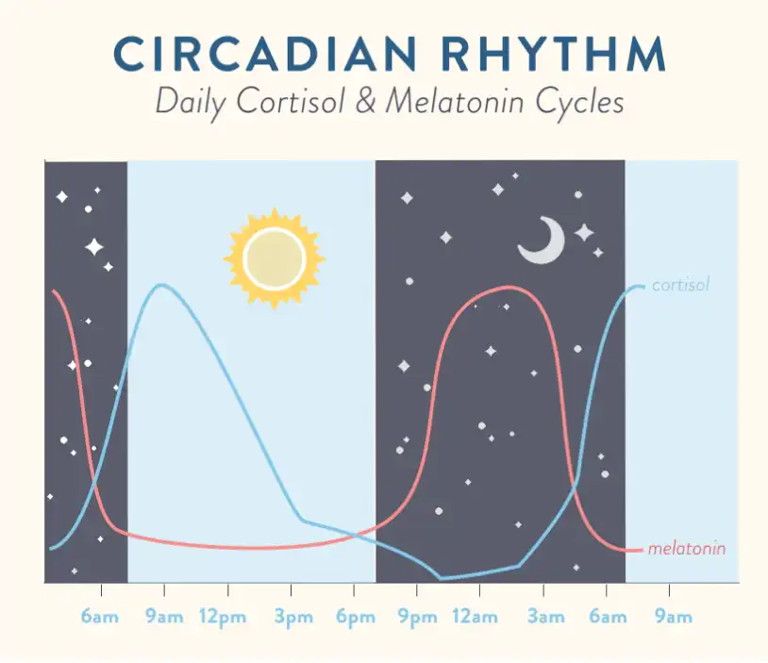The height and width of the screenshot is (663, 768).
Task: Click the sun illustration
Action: (x=275, y=258)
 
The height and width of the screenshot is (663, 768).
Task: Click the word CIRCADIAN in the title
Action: (x=265, y=54)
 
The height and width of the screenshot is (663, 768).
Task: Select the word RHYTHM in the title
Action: (x=554, y=54)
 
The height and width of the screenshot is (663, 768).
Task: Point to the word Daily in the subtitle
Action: (x=190, y=103)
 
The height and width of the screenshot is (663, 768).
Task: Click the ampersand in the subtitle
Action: (x=365, y=100)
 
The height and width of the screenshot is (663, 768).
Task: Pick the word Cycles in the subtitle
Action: (x=579, y=103)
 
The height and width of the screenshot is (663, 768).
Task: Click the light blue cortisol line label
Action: (x=680, y=285)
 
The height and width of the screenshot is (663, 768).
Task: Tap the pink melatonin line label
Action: (x=687, y=549)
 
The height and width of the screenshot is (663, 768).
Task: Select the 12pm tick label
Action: (x=223, y=617)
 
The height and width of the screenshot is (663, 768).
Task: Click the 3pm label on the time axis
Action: (x=293, y=617)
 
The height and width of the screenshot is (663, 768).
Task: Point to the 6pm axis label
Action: (x=356, y=617)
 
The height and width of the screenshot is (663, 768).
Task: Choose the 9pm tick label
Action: (x=417, y=617)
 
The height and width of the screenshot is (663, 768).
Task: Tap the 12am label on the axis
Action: (x=475, y=617)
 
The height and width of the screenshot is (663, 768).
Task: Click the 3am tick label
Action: (x=545, y=617)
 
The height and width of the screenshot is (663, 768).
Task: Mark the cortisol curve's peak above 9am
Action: (x=161, y=285)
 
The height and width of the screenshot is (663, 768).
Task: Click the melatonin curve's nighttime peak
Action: (x=509, y=287)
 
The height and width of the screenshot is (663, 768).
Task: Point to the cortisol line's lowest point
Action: (x=441, y=578)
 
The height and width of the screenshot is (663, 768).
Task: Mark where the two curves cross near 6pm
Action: (x=356, y=535)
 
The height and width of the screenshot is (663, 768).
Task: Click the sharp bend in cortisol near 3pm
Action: (x=302, y=520)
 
